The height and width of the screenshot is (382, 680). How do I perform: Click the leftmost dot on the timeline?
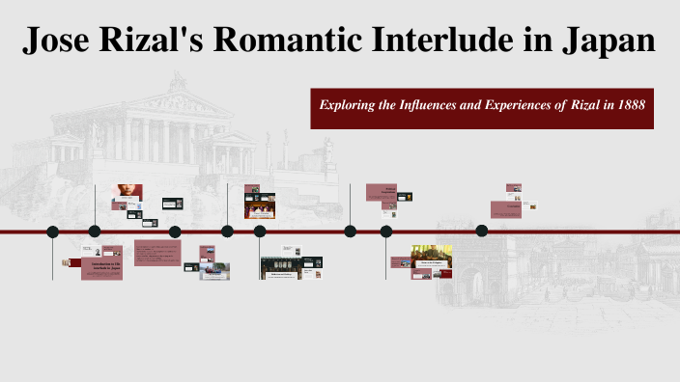click(x=52, y=232)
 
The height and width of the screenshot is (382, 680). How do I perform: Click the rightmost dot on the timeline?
click(x=482, y=232)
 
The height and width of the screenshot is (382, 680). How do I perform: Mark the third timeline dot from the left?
click(x=175, y=232)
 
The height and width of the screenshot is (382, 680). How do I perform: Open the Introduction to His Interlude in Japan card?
click(x=101, y=269)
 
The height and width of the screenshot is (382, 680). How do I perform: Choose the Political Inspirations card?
click(x=383, y=192)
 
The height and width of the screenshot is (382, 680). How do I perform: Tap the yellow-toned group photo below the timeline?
click(x=432, y=253)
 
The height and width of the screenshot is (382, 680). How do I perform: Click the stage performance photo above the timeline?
click(x=261, y=205)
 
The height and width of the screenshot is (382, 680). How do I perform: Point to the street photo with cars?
click(x=214, y=271)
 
